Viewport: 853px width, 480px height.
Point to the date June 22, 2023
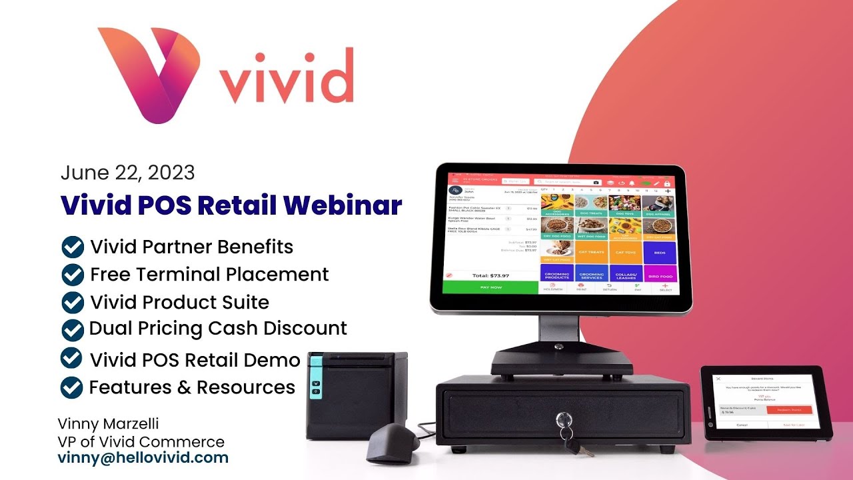pos(127,173)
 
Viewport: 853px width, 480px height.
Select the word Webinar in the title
pos(347,205)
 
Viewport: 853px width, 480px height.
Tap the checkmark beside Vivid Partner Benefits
pos(72,247)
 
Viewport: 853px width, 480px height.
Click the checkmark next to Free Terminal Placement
pos(72,274)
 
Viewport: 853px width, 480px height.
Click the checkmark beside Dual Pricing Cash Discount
pos(72,329)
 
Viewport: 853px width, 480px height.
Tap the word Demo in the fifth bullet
pos(273,360)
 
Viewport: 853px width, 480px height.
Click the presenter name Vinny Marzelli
pos(109,424)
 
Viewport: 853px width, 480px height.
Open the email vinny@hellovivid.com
pos(143,458)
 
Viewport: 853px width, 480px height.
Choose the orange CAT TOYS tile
pos(625,251)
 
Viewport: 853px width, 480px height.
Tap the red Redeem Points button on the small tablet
pos(789,410)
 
